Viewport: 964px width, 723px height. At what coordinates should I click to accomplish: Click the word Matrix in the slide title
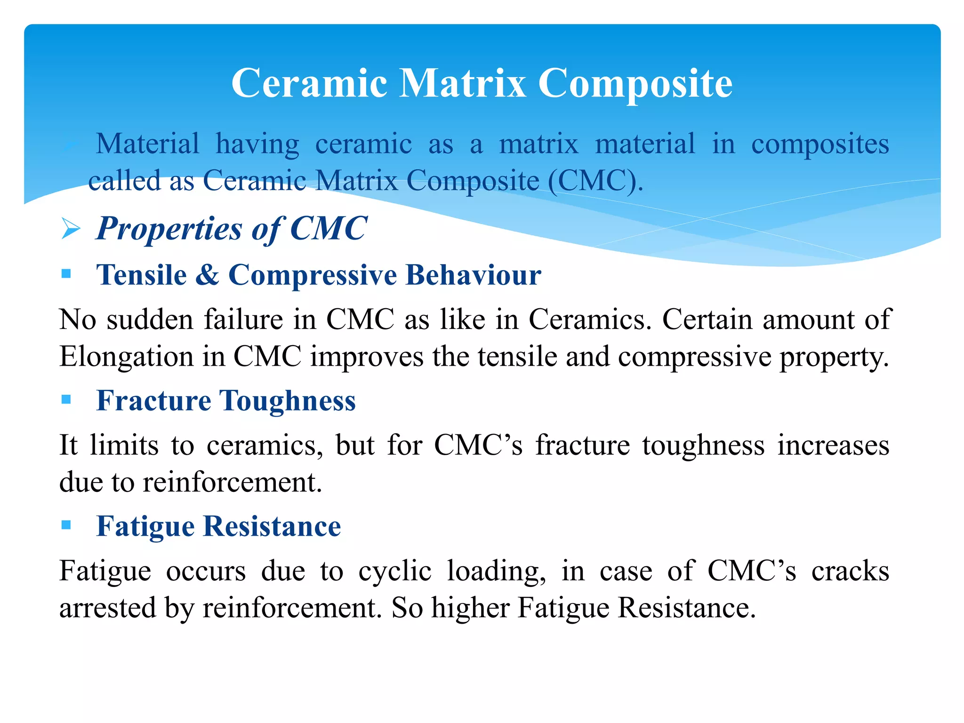(463, 83)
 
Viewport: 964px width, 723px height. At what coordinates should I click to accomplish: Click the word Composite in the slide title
(635, 83)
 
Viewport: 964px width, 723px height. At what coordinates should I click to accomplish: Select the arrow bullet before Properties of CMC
(71, 229)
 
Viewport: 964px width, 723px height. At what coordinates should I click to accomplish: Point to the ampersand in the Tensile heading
(207, 275)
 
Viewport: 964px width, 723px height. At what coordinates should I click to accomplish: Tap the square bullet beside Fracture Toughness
(66, 400)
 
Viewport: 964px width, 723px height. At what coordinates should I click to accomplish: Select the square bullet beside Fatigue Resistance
(66, 525)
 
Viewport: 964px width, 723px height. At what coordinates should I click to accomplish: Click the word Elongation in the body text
(126, 357)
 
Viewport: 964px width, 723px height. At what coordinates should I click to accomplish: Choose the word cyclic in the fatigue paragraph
(394, 571)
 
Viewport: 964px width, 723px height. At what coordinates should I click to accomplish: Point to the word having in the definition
(257, 144)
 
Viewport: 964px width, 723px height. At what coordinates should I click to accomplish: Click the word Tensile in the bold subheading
(141, 275)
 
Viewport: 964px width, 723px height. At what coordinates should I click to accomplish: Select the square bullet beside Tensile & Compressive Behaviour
(66, 273)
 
